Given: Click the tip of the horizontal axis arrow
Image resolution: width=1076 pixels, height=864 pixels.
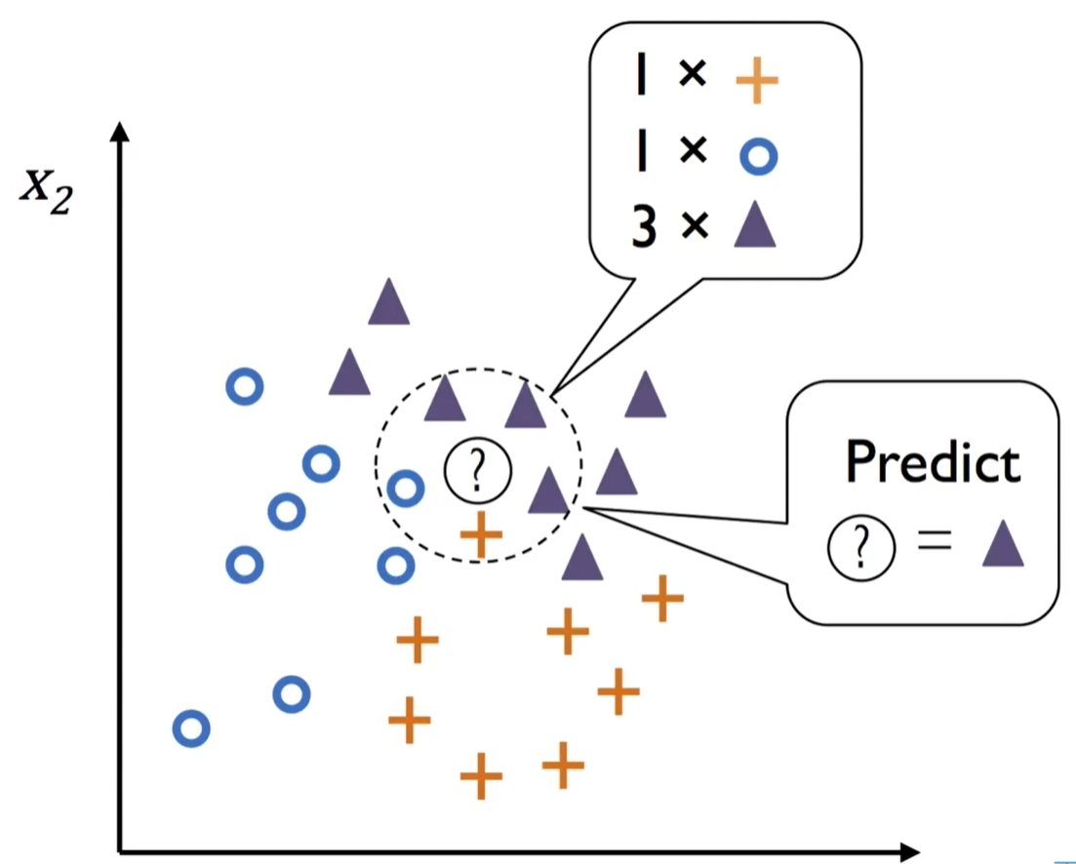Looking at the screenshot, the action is click(920, 852).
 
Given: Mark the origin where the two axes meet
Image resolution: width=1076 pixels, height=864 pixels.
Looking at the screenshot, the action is click(120, 852).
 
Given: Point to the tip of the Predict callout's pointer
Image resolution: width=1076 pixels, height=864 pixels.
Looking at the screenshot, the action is click(582, 508).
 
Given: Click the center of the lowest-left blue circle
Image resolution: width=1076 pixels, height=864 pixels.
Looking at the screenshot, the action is click(191, 728).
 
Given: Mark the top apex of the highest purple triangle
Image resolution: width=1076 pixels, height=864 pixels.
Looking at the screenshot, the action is click(389, 277).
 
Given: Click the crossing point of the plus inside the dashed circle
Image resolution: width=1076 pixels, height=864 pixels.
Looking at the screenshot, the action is click(481, 534).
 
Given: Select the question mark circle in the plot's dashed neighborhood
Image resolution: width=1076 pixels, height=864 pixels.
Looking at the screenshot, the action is click(478, 470).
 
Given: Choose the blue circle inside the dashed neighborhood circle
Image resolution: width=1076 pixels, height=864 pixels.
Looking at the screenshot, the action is click(406, 489).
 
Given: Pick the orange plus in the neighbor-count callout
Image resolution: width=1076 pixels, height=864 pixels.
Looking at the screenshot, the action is click(757, 80).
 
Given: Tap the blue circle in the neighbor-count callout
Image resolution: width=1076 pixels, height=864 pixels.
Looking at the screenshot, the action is click(758, 156).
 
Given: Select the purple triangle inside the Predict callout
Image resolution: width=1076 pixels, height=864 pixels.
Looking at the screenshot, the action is click(1003, 543).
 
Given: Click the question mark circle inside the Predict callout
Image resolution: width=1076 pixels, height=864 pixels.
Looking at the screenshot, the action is click(862, 548).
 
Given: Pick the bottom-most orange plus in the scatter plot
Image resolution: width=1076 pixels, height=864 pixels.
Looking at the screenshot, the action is click(481, 776).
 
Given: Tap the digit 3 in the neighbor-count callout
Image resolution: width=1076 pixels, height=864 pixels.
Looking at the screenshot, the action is click(645, 226).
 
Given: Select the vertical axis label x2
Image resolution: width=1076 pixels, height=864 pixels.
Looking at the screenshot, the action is click(46, 191).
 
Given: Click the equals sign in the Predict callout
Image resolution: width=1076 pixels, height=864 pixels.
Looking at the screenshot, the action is click(935, 539).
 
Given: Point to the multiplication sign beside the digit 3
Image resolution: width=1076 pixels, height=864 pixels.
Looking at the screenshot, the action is click(696, 225).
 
